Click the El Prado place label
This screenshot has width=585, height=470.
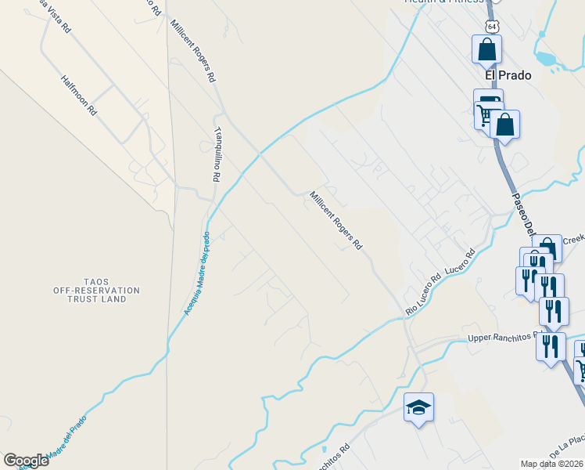(508, 76)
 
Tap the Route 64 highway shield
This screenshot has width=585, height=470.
(490, 27)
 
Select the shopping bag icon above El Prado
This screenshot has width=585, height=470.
(486, 49)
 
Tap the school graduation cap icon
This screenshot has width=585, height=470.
(418, 407)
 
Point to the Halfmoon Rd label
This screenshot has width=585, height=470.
(78, 96)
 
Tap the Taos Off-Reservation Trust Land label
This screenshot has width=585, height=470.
(97, 290)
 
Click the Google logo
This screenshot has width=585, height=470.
(26, 461)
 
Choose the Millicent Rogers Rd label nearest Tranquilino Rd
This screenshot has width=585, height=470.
(192, 51)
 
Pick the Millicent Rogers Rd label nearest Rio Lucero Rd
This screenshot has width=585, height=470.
(336, 220)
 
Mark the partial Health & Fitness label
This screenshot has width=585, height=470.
(443, 2)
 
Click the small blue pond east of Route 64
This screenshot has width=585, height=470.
(547, 59)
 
